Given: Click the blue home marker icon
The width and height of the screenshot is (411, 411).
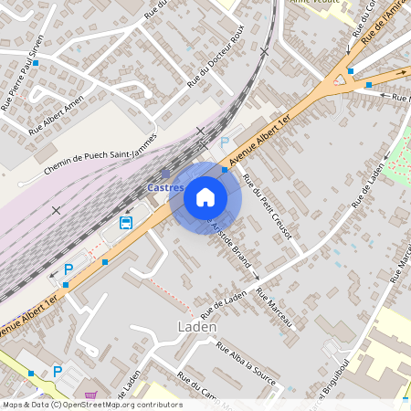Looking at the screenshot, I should pyautogui.click(x=205, y=196).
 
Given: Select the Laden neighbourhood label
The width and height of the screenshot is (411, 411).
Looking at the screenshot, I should pyautogui.click(x=196, y=326).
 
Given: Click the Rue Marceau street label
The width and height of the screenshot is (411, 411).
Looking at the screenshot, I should pyautogui.click(x=276, y=309).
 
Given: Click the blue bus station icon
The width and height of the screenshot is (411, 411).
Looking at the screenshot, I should pyautogui.click(x=126, y=222).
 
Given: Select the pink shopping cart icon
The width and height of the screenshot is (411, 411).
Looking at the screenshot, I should pyautogui.click(x=90, y=395).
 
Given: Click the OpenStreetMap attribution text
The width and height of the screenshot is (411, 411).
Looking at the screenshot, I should pyautogui.click(x=91, y=405).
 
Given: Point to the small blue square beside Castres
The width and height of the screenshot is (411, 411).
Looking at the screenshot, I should pyautogui.click(x=165, y=173).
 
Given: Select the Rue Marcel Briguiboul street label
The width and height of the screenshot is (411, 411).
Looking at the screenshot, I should pyautogui.click(x=331, y=384).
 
